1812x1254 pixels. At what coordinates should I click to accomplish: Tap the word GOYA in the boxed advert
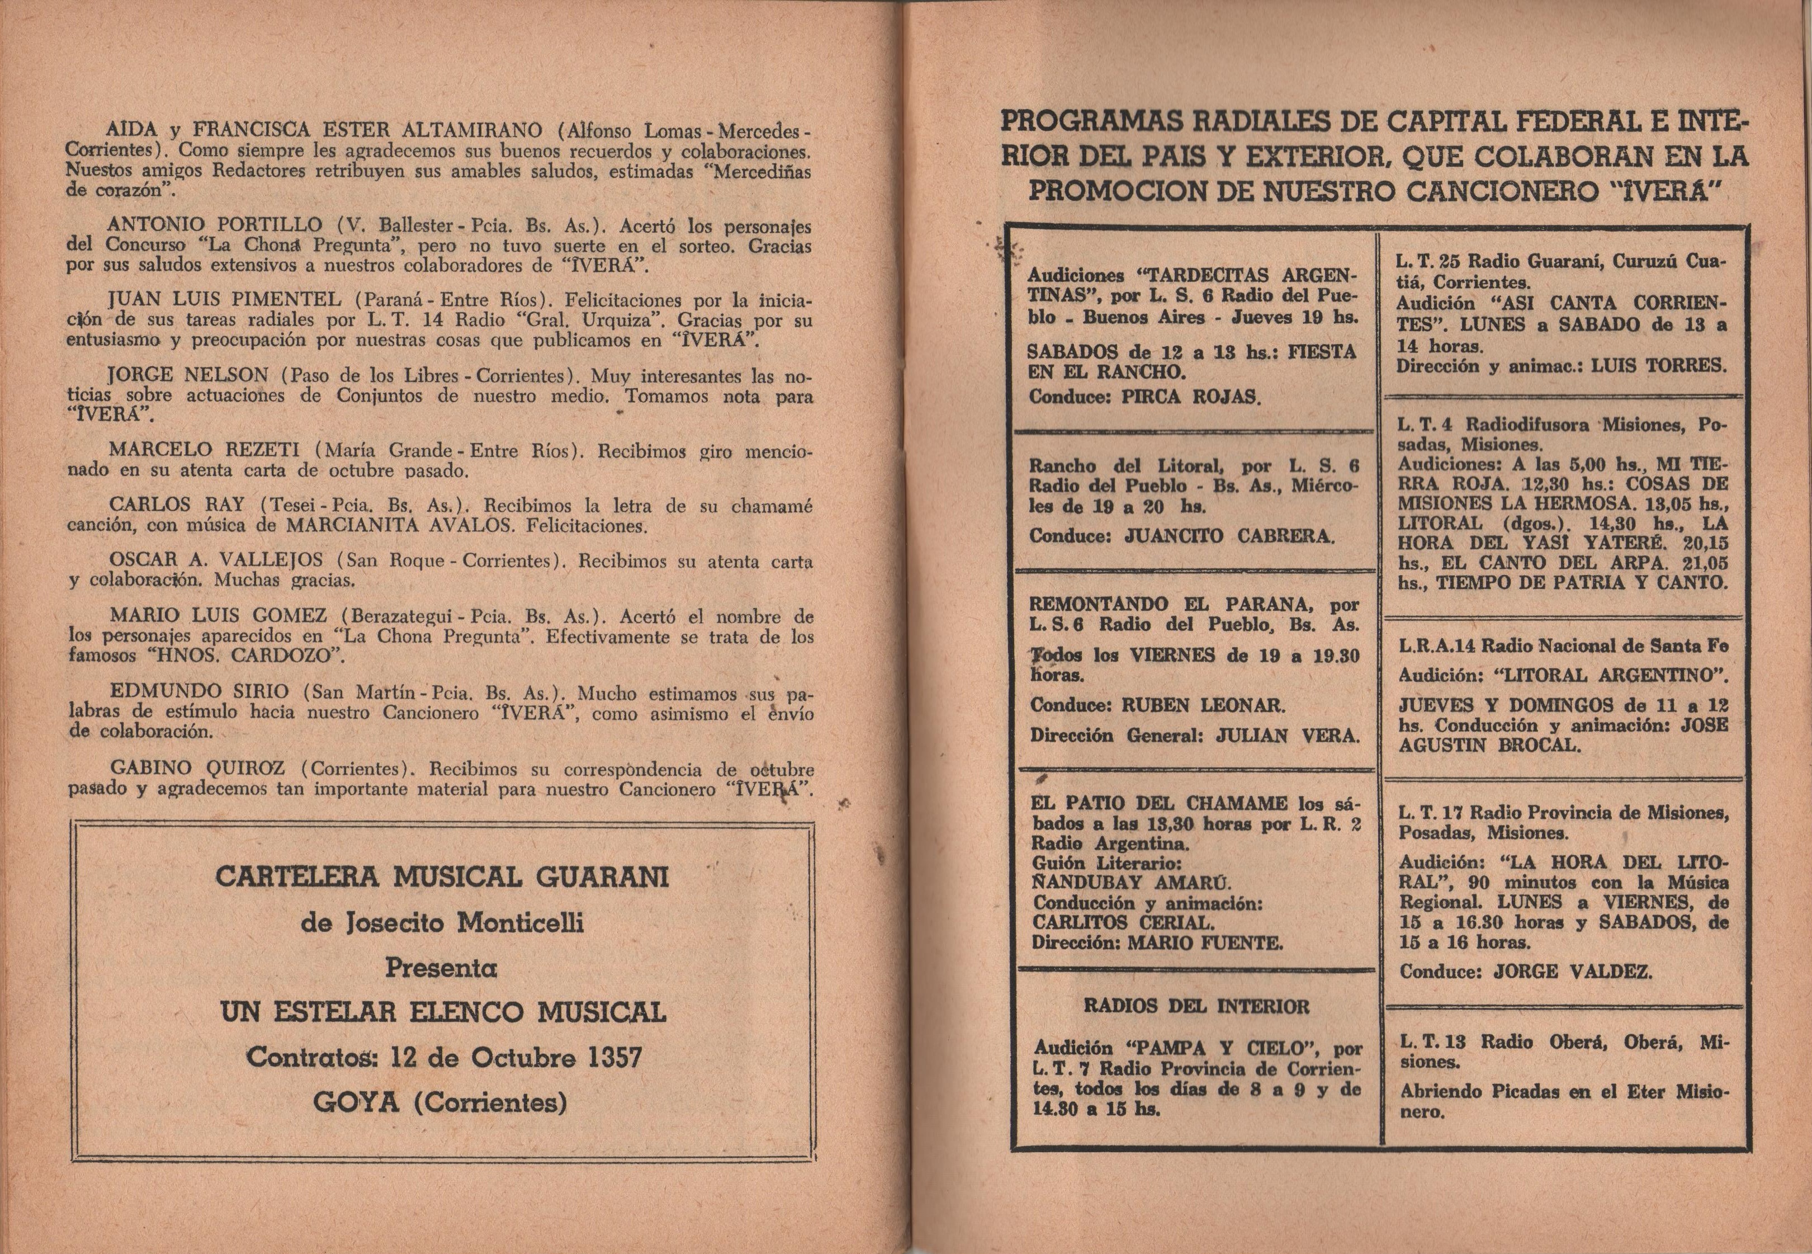click(357, 1102)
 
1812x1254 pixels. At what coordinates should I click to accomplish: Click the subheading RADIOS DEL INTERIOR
click(1196, 1007)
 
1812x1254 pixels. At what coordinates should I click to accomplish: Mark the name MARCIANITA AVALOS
click(444, 526)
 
